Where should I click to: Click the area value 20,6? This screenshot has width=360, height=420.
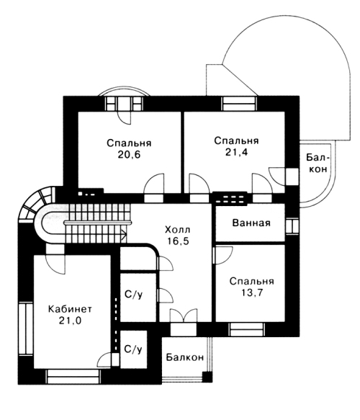point(129,155)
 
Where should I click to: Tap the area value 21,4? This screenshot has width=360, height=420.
point(236,152)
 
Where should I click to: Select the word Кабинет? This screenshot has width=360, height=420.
point(70,309)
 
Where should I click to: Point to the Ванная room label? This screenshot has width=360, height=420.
point(251,223)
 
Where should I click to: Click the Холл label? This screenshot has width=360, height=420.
point(177,230)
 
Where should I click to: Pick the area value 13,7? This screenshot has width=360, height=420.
point(251,292)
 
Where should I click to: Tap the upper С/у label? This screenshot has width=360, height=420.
point(134,295)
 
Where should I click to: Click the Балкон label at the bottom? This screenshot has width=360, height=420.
point(185,357)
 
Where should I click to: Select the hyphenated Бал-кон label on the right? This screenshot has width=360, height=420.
point(318,163)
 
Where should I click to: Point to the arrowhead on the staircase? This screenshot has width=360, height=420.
point(124,235)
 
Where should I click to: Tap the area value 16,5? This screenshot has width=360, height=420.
point(178,241)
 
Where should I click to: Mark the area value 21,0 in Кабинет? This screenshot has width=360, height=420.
point(70,321)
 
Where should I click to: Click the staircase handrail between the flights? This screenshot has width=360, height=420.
point(98,223)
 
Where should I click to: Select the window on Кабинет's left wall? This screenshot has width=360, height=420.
point(26,329)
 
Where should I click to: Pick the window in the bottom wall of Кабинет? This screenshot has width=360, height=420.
point(73,377)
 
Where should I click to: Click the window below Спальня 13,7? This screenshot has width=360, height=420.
point(246,329)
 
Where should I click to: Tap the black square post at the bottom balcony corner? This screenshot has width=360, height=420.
point(207,377)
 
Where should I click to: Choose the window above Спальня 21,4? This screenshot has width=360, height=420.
point(239,104)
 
